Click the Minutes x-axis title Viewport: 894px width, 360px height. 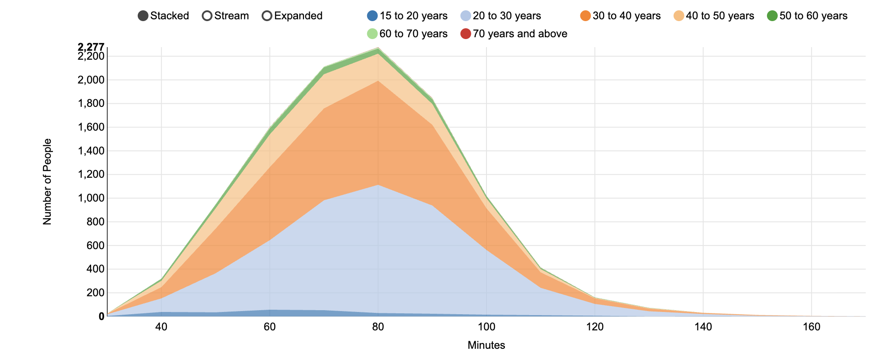pyautogui.click(x=486, y=345)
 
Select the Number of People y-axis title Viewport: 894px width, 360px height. pyautogui.click(x=47, y=182)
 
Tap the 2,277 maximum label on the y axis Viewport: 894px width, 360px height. pyautogui.click(x=91, y=47)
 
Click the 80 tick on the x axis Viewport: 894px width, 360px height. pyautogui.click(x=378, y=327)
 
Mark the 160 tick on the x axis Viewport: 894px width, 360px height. pyautogui.click(x=811, y=327)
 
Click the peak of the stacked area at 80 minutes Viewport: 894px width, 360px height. pyautogui.click(x=378, y=48)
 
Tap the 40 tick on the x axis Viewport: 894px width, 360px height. pyautogui.click(x=161, y=327)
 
